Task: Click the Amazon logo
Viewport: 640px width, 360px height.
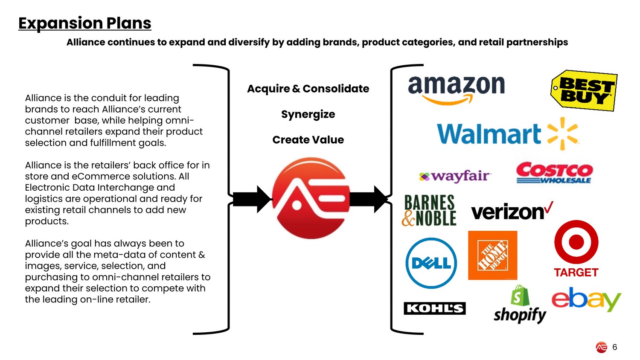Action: (x=456, y=89)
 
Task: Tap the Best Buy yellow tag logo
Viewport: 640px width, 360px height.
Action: (x=584, y=90)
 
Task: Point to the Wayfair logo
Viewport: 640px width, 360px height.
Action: (x=455, y=176)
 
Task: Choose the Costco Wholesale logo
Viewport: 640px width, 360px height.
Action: (x=554, y=173)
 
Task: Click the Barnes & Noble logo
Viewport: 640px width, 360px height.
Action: (x=429, y=210)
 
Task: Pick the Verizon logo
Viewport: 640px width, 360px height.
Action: (x=512, y=211)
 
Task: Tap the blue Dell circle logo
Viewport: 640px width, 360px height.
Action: (x=431, y=263)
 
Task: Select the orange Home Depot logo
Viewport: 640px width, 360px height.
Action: (x=492, y=255)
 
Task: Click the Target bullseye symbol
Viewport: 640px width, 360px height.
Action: (x=576, y=242)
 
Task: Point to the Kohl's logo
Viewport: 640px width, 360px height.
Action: (x=434, y=308)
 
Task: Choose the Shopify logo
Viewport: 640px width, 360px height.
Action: (x=520, y=305)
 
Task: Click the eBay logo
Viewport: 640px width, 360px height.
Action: (x=586, y=299)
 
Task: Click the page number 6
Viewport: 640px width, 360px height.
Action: (x=614, y=347)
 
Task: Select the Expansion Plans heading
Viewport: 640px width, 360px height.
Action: (x=85, y=23)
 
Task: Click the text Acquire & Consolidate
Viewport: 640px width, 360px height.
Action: (x=308, y=89)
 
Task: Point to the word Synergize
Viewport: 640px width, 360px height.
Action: (x=308, y=114)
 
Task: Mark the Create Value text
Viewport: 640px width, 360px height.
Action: (x=308, y=140)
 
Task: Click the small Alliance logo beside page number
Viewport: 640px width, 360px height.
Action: (x=601, y=348)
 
